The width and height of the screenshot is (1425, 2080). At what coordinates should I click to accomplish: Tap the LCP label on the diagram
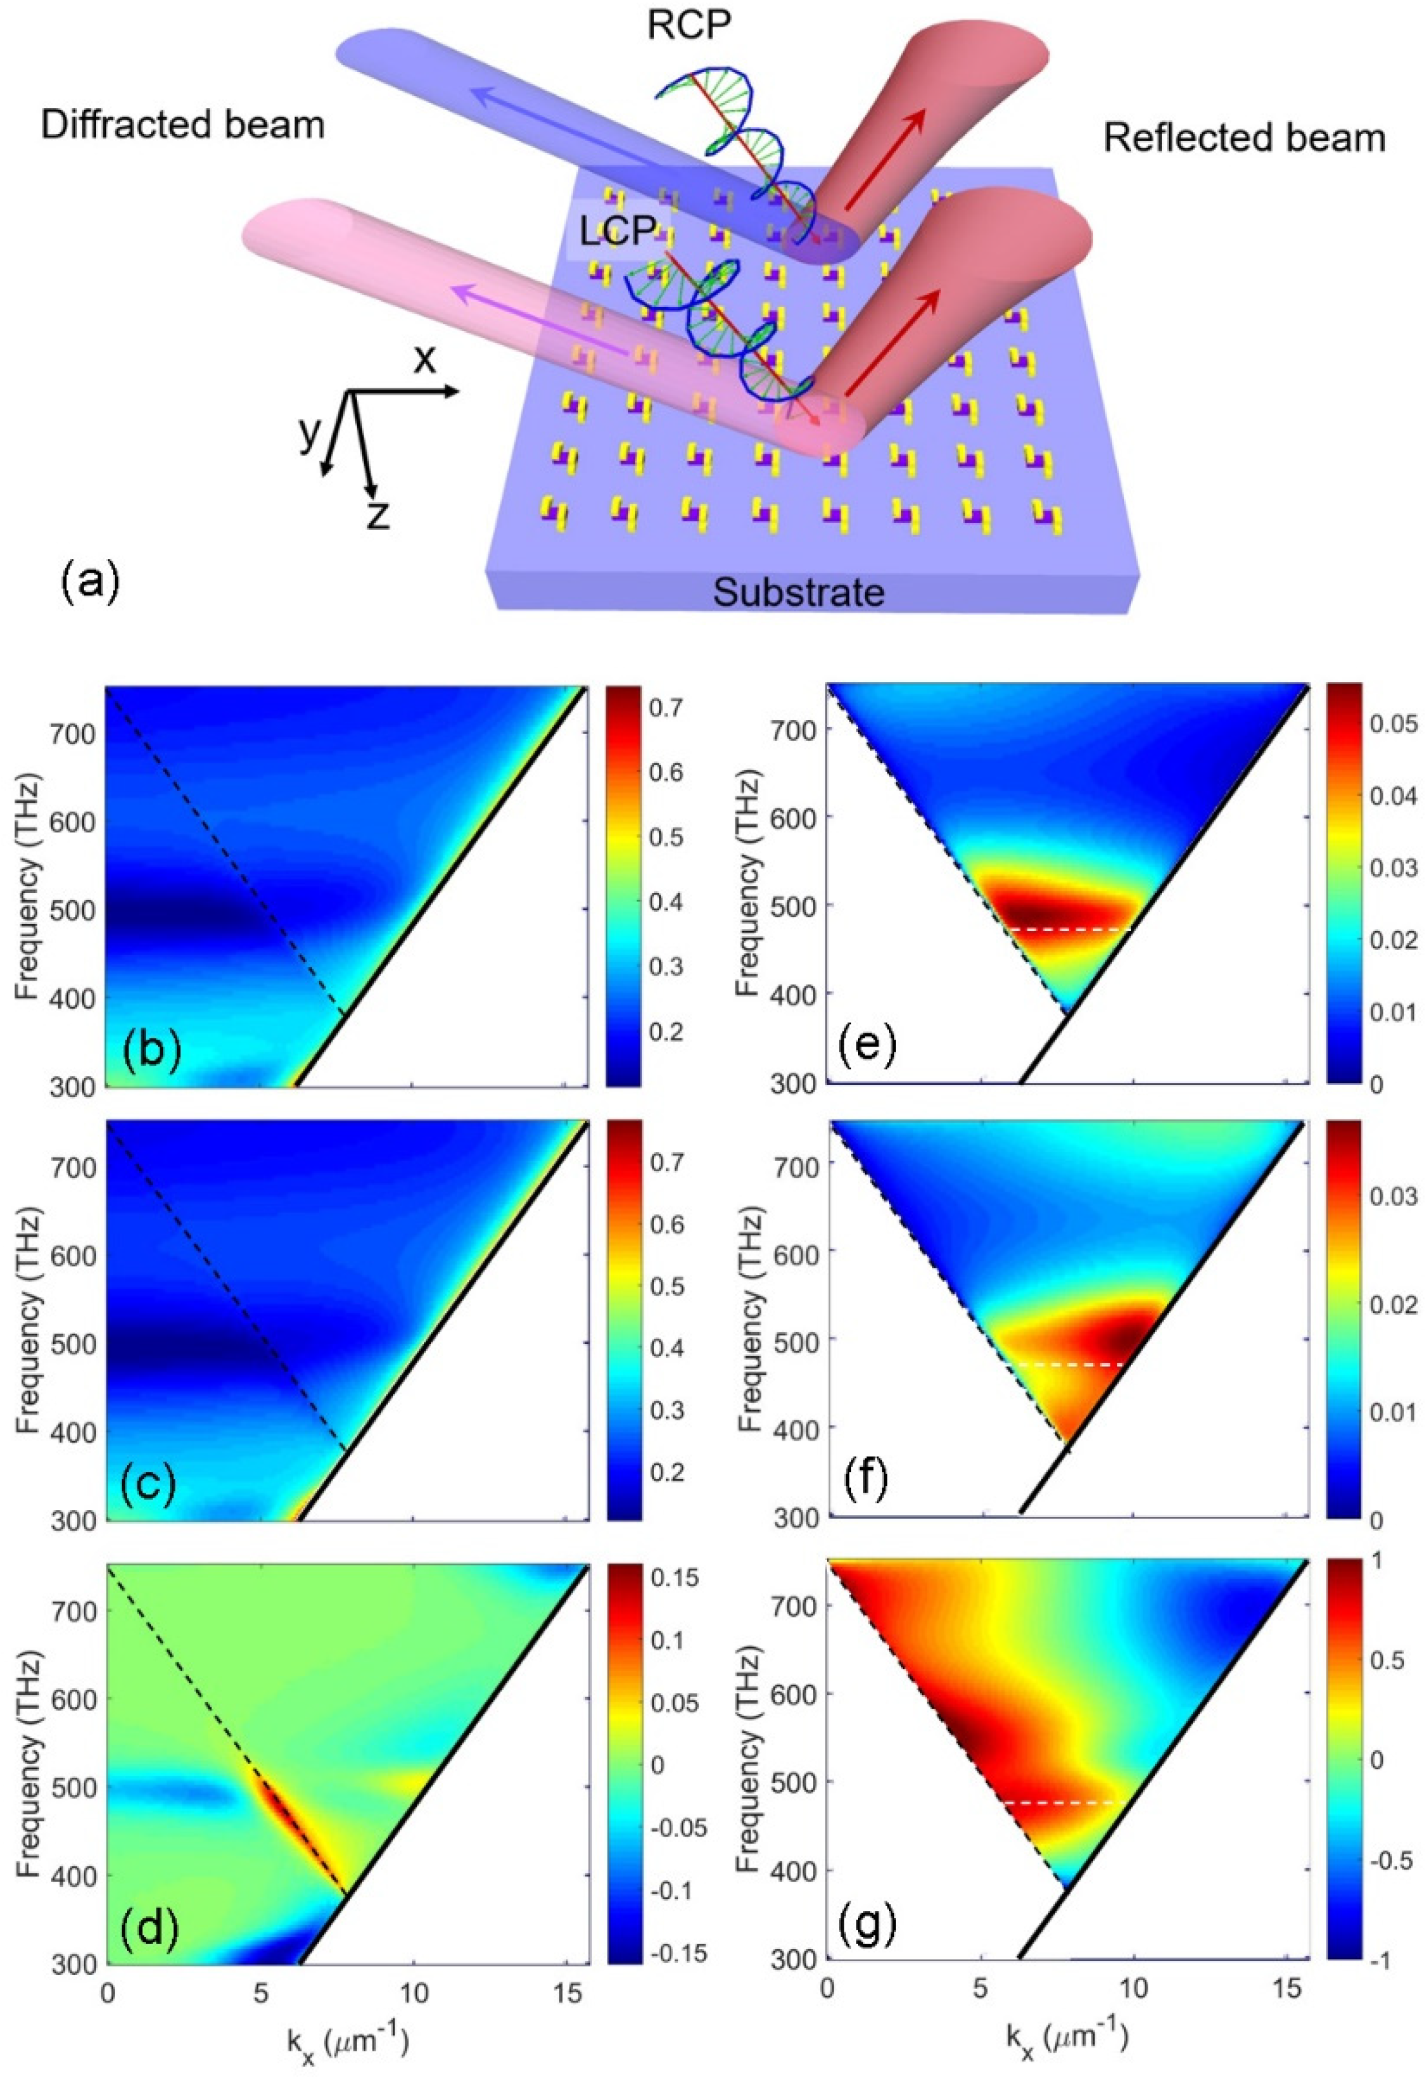click(618, 232)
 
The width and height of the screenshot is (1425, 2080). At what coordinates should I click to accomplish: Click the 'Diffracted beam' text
click(182, 125)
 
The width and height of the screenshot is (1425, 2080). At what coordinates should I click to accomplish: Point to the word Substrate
click(799, 592)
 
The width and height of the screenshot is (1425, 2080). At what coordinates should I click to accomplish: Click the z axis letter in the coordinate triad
click(379, 517)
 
